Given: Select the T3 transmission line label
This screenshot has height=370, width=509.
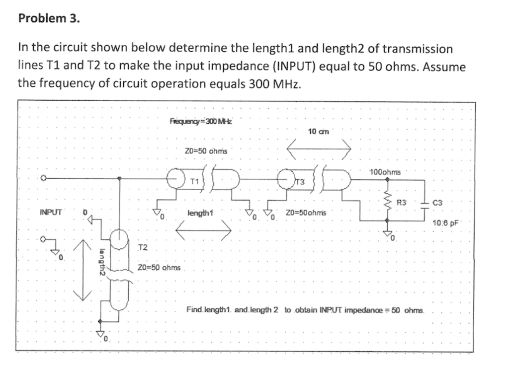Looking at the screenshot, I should [300, 181].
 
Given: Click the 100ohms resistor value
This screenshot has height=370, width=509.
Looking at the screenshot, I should [385, 172].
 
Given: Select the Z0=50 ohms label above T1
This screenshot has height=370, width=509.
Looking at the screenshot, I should [205, 150].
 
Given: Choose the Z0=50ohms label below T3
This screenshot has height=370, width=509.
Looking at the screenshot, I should [306, 213].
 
